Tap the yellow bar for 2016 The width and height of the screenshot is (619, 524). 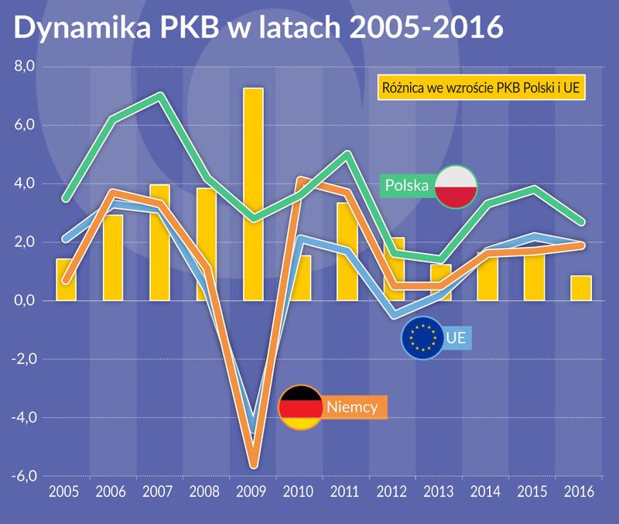[581, 288]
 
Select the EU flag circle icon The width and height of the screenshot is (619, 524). [422, 337]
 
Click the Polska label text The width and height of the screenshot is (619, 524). [407, 187]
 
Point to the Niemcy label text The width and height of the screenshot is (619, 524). [351, 407]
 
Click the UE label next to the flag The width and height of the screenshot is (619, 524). [457, 337]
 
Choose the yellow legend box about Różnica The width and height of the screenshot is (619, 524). [480, 87]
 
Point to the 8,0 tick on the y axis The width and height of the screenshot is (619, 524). [26, 67]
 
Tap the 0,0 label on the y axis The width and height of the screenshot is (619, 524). [26, 301]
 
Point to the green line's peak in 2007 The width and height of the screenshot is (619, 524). [159, 97]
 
